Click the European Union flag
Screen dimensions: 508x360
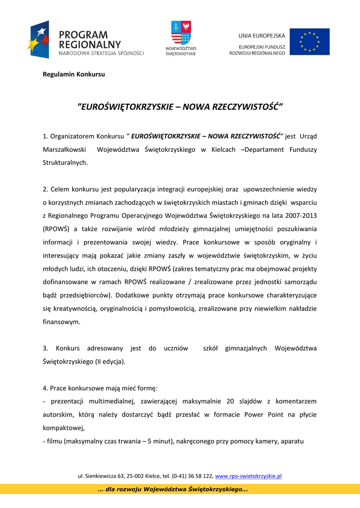(309, 41)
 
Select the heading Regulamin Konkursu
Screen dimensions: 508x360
(73, 74)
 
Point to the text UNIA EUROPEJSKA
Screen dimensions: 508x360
(262, 36)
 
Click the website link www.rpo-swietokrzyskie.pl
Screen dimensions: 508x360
(248, 476)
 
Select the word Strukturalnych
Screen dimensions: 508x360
(65, 162)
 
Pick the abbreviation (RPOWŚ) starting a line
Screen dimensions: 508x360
(56, 229)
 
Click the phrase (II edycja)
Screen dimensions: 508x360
(110, 362)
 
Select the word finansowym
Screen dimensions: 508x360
(61, 321)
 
